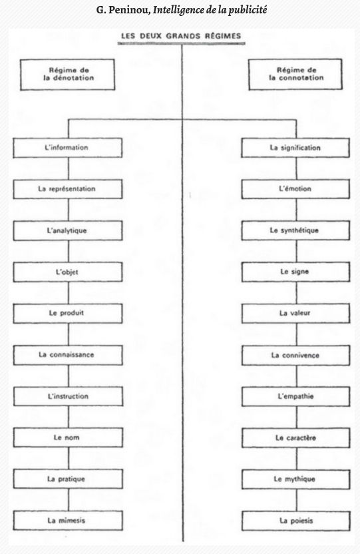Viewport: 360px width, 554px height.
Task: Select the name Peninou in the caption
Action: coord(130,10)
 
